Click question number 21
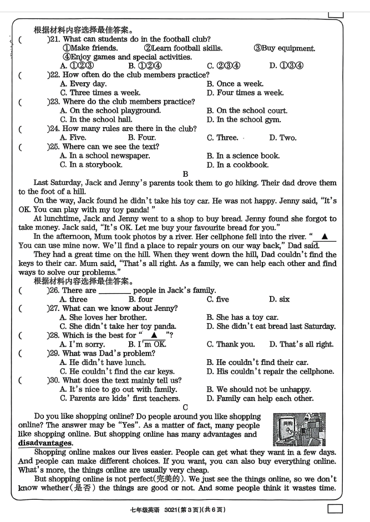(54, 39)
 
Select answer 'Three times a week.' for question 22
(100, 93)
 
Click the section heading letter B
(185, 174)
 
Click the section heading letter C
(185, 408)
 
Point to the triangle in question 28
(154, 335)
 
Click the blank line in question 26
(114, 291)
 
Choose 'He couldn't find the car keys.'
(117, 372)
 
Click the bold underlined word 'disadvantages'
(45, 443)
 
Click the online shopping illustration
(300, 429)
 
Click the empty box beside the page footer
(334, 509)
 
